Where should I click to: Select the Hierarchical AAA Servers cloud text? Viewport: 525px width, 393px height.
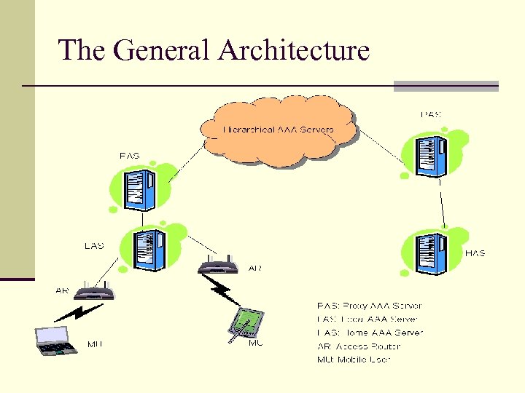[278, 130]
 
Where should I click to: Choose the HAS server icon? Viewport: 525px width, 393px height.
[430, 253]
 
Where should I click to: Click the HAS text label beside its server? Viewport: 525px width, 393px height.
[475, 253]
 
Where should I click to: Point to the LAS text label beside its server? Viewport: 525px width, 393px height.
[94, 246]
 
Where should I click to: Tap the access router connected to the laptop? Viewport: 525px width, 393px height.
[96, 293]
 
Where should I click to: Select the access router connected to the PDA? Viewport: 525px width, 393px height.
[219, 264]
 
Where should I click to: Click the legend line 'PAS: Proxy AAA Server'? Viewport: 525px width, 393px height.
[369, 306]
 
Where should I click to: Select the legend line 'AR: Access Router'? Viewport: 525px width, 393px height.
[358, 346]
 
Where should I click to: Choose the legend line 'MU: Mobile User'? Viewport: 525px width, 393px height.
[354, 359]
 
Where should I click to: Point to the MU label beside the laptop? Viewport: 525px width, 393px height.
[95, 344]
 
